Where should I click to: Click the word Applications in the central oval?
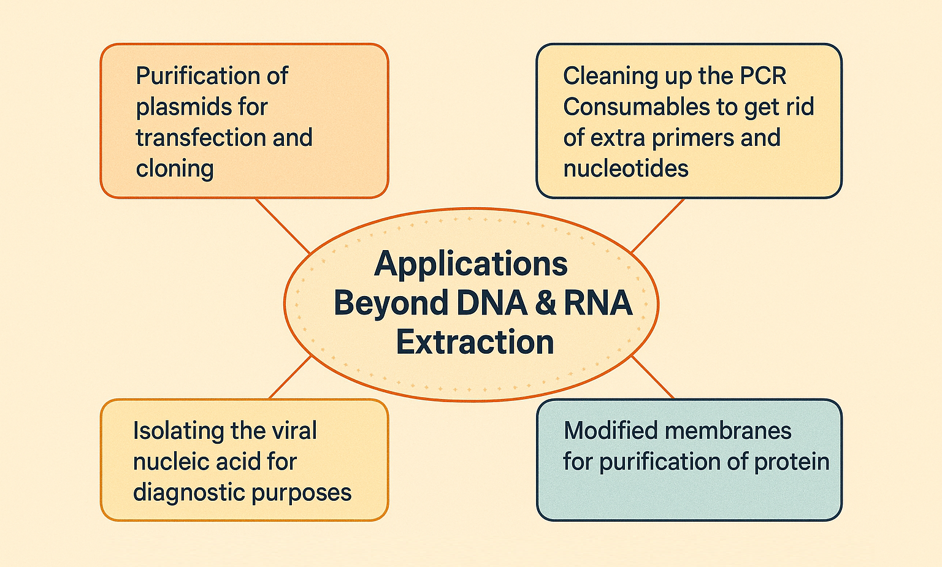pos(471,265)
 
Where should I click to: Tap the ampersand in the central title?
pos(545,303)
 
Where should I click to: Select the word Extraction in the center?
pos(475,341)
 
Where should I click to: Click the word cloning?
pos(175,169)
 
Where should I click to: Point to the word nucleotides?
pos(626,169)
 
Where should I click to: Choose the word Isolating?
pos(178,432)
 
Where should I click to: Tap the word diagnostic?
pos(188,493)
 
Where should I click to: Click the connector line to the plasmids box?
pos(283,226)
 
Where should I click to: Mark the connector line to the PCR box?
pos(657,226)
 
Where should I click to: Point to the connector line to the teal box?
pos(653,377)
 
